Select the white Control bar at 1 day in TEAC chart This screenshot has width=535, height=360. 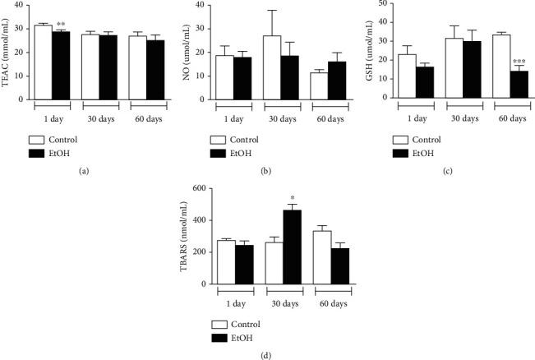(44, 62)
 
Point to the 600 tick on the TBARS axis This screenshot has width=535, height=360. (197, 188)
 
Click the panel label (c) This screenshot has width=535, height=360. (445, 169)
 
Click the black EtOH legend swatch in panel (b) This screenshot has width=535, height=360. (217, 153)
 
